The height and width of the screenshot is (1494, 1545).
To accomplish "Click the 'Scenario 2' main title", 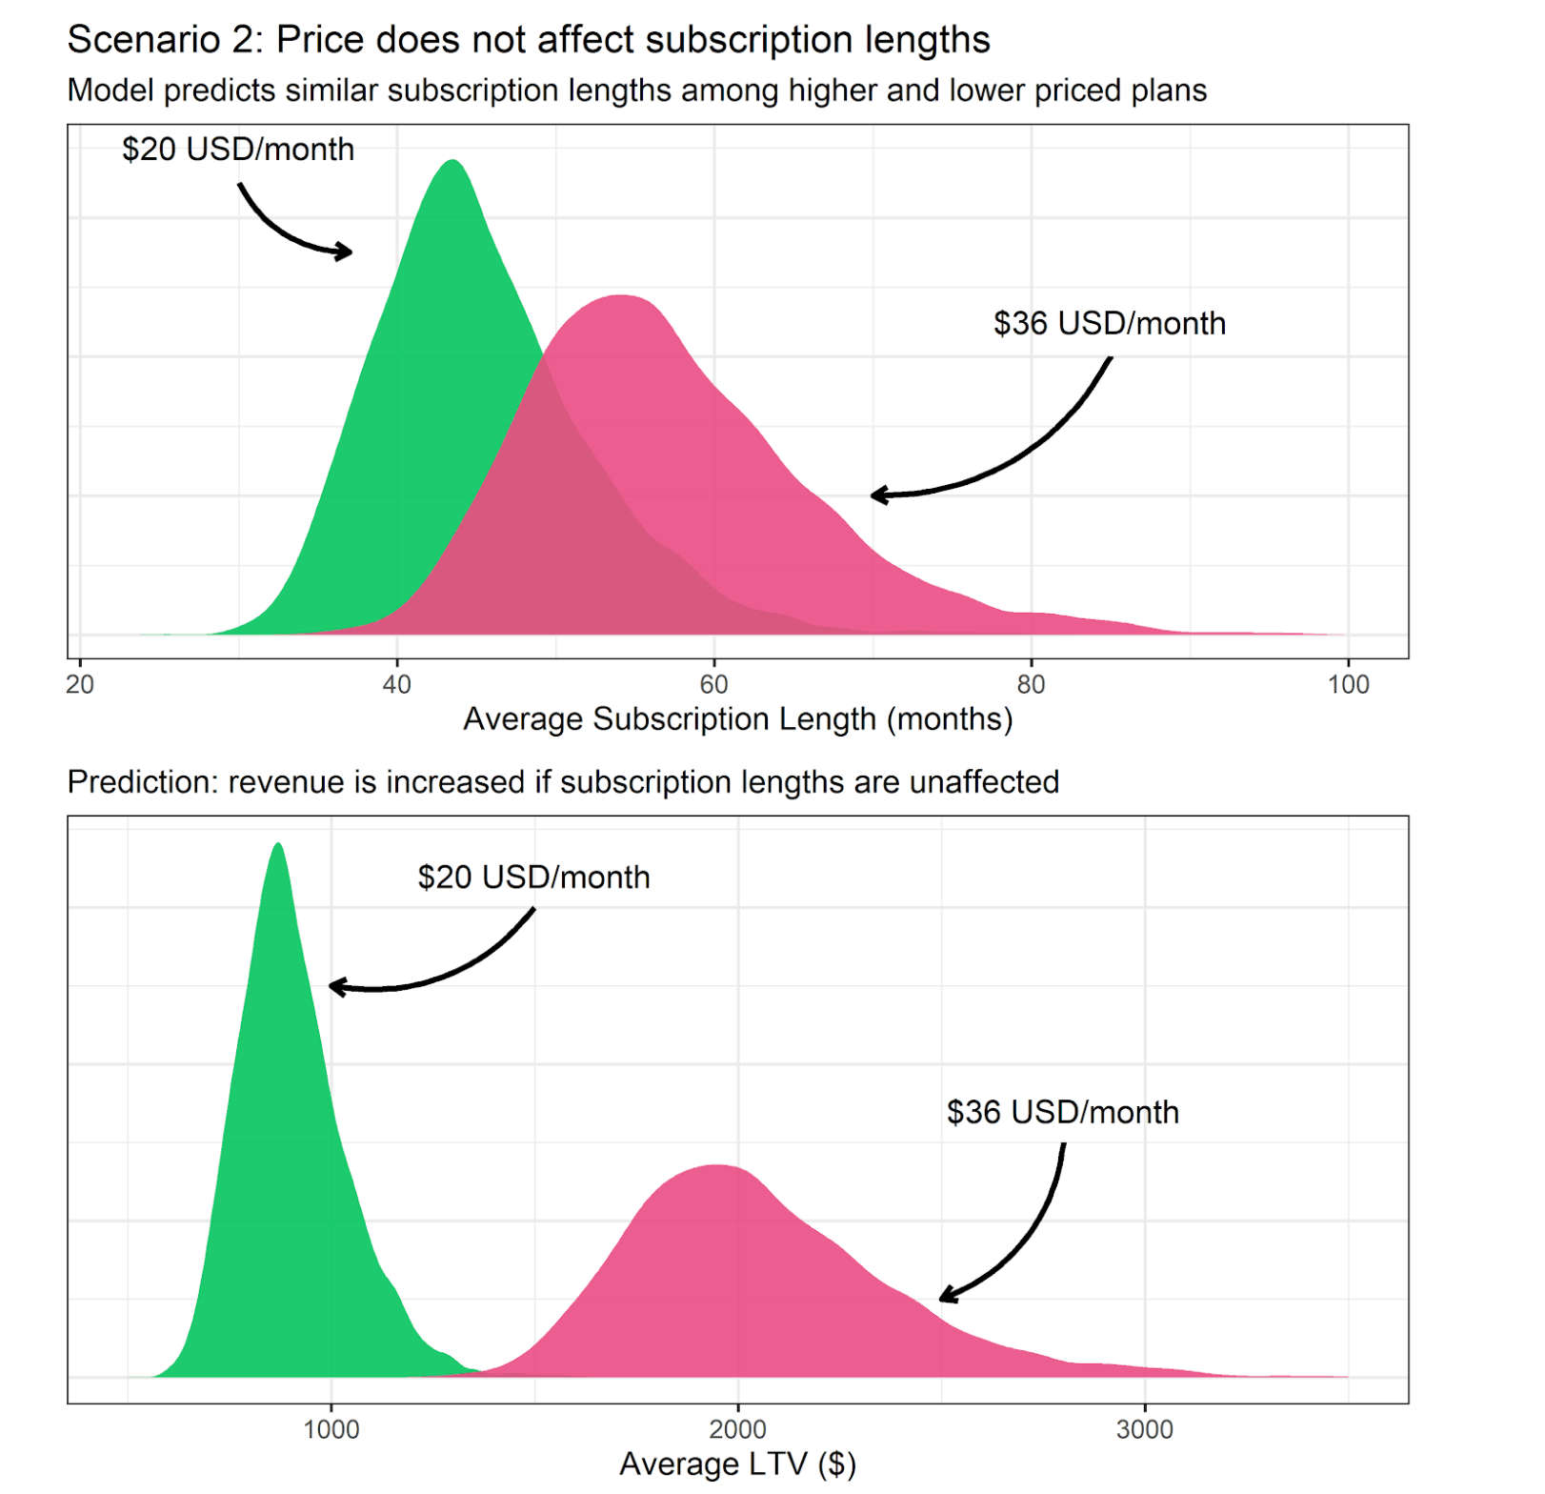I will (x=529, y=40).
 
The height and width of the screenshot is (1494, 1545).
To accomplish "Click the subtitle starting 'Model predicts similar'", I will (x=636, y=91).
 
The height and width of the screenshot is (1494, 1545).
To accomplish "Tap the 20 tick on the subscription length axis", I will (x=80, y=684).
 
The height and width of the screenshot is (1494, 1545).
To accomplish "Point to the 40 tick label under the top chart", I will (x=396, y=684).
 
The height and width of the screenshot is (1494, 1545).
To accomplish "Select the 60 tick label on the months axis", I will (x=713, y=684).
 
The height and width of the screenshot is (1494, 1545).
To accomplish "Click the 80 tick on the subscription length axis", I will (x=1031, y=684).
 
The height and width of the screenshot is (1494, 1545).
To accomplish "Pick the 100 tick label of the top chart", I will (x=1348, y=684).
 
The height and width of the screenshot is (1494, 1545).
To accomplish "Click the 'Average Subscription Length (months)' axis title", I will (x=737, y=719).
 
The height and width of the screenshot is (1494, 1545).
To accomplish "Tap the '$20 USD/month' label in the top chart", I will (x=238, y=150).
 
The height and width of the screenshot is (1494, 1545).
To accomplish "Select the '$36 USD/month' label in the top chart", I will (x=1110, y=324).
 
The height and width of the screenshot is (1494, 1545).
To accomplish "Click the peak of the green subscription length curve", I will (x=452, y=162).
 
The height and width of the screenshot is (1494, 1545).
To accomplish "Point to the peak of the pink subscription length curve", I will (x=621, y=297).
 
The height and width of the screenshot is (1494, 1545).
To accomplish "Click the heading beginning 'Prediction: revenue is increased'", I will (x=563, y=782).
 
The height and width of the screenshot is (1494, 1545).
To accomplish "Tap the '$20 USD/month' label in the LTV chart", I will (x=533, y=878).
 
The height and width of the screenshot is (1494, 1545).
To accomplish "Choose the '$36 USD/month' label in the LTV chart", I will (x=1062, y=1113).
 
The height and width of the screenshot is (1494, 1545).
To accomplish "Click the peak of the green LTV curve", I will (x=278, y=845).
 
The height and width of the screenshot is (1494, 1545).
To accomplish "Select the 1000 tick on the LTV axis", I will (x=331, y=1430).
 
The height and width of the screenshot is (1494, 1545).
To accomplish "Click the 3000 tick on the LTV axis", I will (x=1145, y=1430).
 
